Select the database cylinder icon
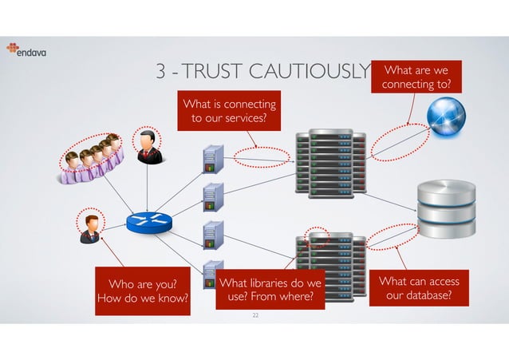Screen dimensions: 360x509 446,208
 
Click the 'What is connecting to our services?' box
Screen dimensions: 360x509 230,113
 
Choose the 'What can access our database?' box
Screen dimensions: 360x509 418,288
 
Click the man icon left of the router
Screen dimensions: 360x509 90,227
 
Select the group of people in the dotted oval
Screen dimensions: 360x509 89,153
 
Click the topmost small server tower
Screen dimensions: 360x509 211,158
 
